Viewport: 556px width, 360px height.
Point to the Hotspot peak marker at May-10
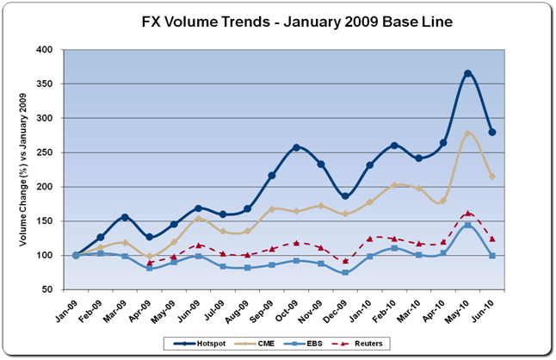click(x=467, y=74)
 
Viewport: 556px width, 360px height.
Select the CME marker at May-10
click(x=467, y=133)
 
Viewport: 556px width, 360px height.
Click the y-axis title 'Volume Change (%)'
click(x=31, y=170)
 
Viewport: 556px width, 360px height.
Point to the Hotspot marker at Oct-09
click(x=297, y=147)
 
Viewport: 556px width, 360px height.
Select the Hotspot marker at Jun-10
click(x=492, y=132)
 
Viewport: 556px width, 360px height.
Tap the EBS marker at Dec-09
click(x=346, y=272)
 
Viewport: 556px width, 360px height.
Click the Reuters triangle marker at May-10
click(x=467, y=213)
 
